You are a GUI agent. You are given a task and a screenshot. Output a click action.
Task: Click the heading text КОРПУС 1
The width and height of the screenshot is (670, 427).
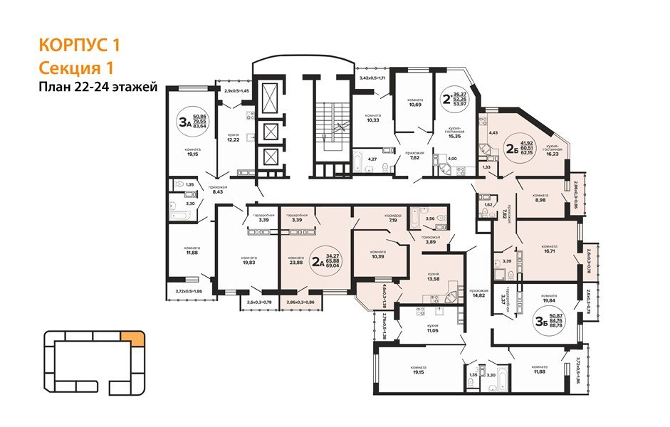pyautogui.click(x=78, y=46)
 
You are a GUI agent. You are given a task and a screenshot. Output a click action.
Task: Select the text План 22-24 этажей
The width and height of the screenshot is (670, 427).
pyautogui.click(x=98, y=88)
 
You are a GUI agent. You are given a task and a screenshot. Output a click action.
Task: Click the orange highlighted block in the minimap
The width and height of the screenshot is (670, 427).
pyautogui.click(x=130, y=339)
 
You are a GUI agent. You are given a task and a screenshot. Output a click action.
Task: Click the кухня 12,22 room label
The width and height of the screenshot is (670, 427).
pyautogui.click(x=233, y=137)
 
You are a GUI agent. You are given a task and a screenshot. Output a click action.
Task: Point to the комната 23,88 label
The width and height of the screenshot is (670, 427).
pyautogui.click(x=295, y=260)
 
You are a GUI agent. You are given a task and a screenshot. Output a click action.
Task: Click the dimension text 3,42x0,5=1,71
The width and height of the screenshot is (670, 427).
pyautogui.click(x=372, y=77)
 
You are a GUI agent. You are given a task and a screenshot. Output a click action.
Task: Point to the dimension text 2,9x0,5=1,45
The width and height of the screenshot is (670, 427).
pyautogui.click(x=237, y=91)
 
